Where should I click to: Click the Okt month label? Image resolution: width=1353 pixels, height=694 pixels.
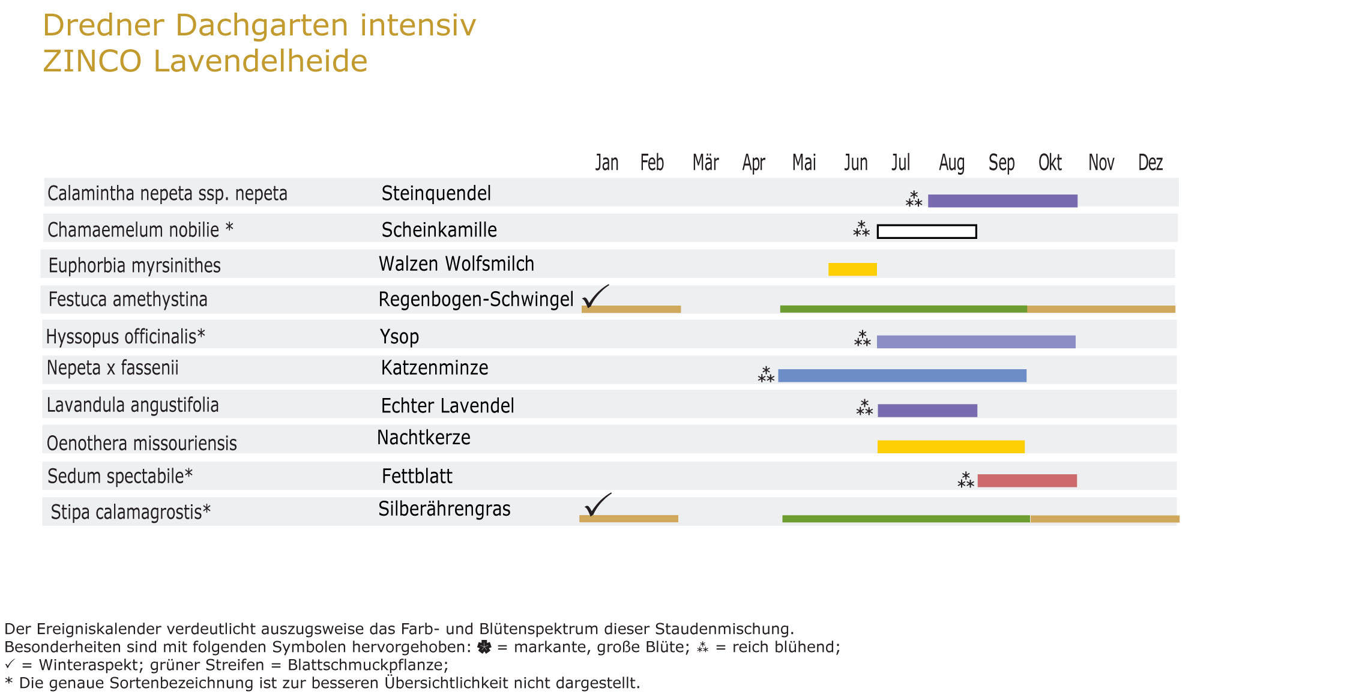(x=1050, y=163)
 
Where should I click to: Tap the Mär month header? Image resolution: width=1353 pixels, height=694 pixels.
(x=705, y=163)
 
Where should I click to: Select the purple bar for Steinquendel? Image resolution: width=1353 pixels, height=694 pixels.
(x=1002, y=201)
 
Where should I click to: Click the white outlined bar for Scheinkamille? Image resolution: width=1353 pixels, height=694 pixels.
(x=927, y=232)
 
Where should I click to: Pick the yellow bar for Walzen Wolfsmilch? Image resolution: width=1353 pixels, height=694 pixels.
(x=852, y=270)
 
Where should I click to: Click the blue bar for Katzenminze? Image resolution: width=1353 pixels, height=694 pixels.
(x=902, y=376)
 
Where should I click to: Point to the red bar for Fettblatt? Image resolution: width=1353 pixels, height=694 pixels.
(x=1027, y=480)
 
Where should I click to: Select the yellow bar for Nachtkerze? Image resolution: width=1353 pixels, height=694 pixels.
(x=951, y=447)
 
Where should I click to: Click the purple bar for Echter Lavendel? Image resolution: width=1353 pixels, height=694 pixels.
(x=927, y=411)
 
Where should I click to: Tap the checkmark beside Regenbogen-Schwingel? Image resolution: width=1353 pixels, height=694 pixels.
(x=595, y=296)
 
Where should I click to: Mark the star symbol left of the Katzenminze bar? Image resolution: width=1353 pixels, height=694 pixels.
(x=766, y=375)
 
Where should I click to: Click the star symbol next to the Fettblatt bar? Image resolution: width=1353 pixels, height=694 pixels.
(x=966, y=480)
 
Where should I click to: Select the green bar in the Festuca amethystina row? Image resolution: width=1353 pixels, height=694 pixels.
(x=903, y=309)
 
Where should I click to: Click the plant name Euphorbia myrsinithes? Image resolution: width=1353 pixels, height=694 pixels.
(x=134, y=265)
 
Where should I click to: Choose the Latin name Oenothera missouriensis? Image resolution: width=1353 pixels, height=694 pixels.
(x=142, y=444)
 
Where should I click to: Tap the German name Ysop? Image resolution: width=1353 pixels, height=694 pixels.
(x=399, y=337)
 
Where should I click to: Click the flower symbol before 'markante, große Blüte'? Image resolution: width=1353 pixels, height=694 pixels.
(x=484, y=647)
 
